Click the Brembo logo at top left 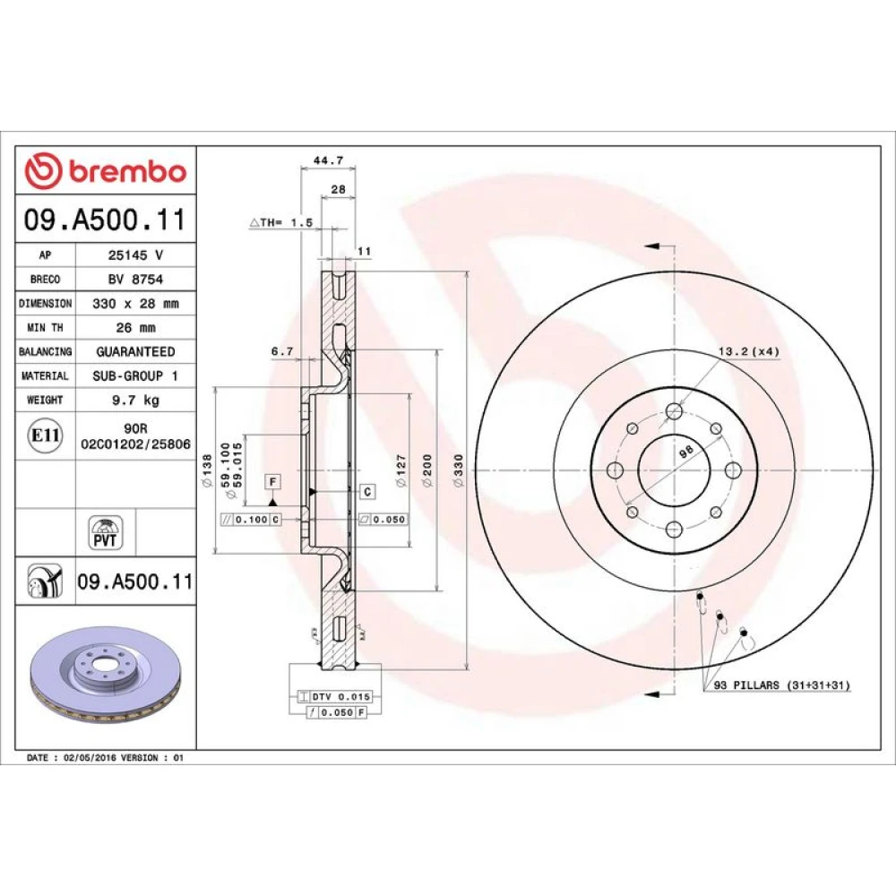(x=106, y=170)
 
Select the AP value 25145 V (x=135, y=254)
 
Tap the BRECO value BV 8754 (x=135, y=279)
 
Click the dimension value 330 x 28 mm (x=135, y=304)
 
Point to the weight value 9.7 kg (x=135, y=400)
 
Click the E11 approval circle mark (x=45, y=435)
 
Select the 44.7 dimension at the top (x=328, y=160)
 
